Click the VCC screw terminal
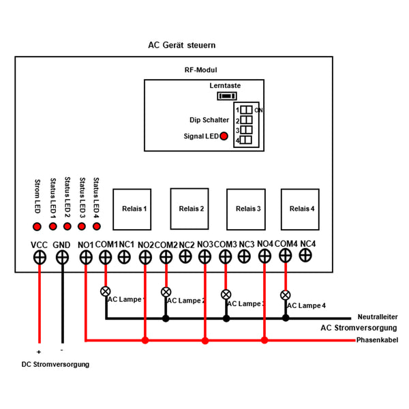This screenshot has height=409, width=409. click(x=40, y=258)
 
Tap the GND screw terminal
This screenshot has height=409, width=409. click(x=62, y=258)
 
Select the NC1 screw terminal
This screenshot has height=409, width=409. click(x=124, y=257)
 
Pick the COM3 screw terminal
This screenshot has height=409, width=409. click(x=226, y=257)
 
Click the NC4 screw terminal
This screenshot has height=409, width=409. click(x=305, y=255)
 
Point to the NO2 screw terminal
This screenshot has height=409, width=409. click(x=145, y=258)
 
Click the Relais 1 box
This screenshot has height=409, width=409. click(x=132, y=209)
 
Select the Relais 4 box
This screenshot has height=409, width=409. click(x=300, y=209)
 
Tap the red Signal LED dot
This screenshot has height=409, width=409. click(x=224, y=136)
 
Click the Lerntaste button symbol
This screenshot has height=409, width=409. click(x=227, y=96)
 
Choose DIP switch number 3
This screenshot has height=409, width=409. click(x=246, y=130)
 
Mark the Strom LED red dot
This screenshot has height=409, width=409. click(x=37, y=226)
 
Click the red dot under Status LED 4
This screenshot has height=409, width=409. click(x=97, y=226)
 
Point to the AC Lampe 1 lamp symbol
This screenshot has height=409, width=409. click(x=106, y=291)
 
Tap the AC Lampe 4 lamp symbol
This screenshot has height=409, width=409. click(x=286, y=295)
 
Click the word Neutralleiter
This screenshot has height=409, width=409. click(x=378, y=317)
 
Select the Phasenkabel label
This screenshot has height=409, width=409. click(x=377, y=340)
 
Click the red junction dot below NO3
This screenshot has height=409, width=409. click(x=205, y=340)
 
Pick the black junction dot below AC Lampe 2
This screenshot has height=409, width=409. click(x=166, y=318)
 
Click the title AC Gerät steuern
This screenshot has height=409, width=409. click(x=182, y=45)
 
